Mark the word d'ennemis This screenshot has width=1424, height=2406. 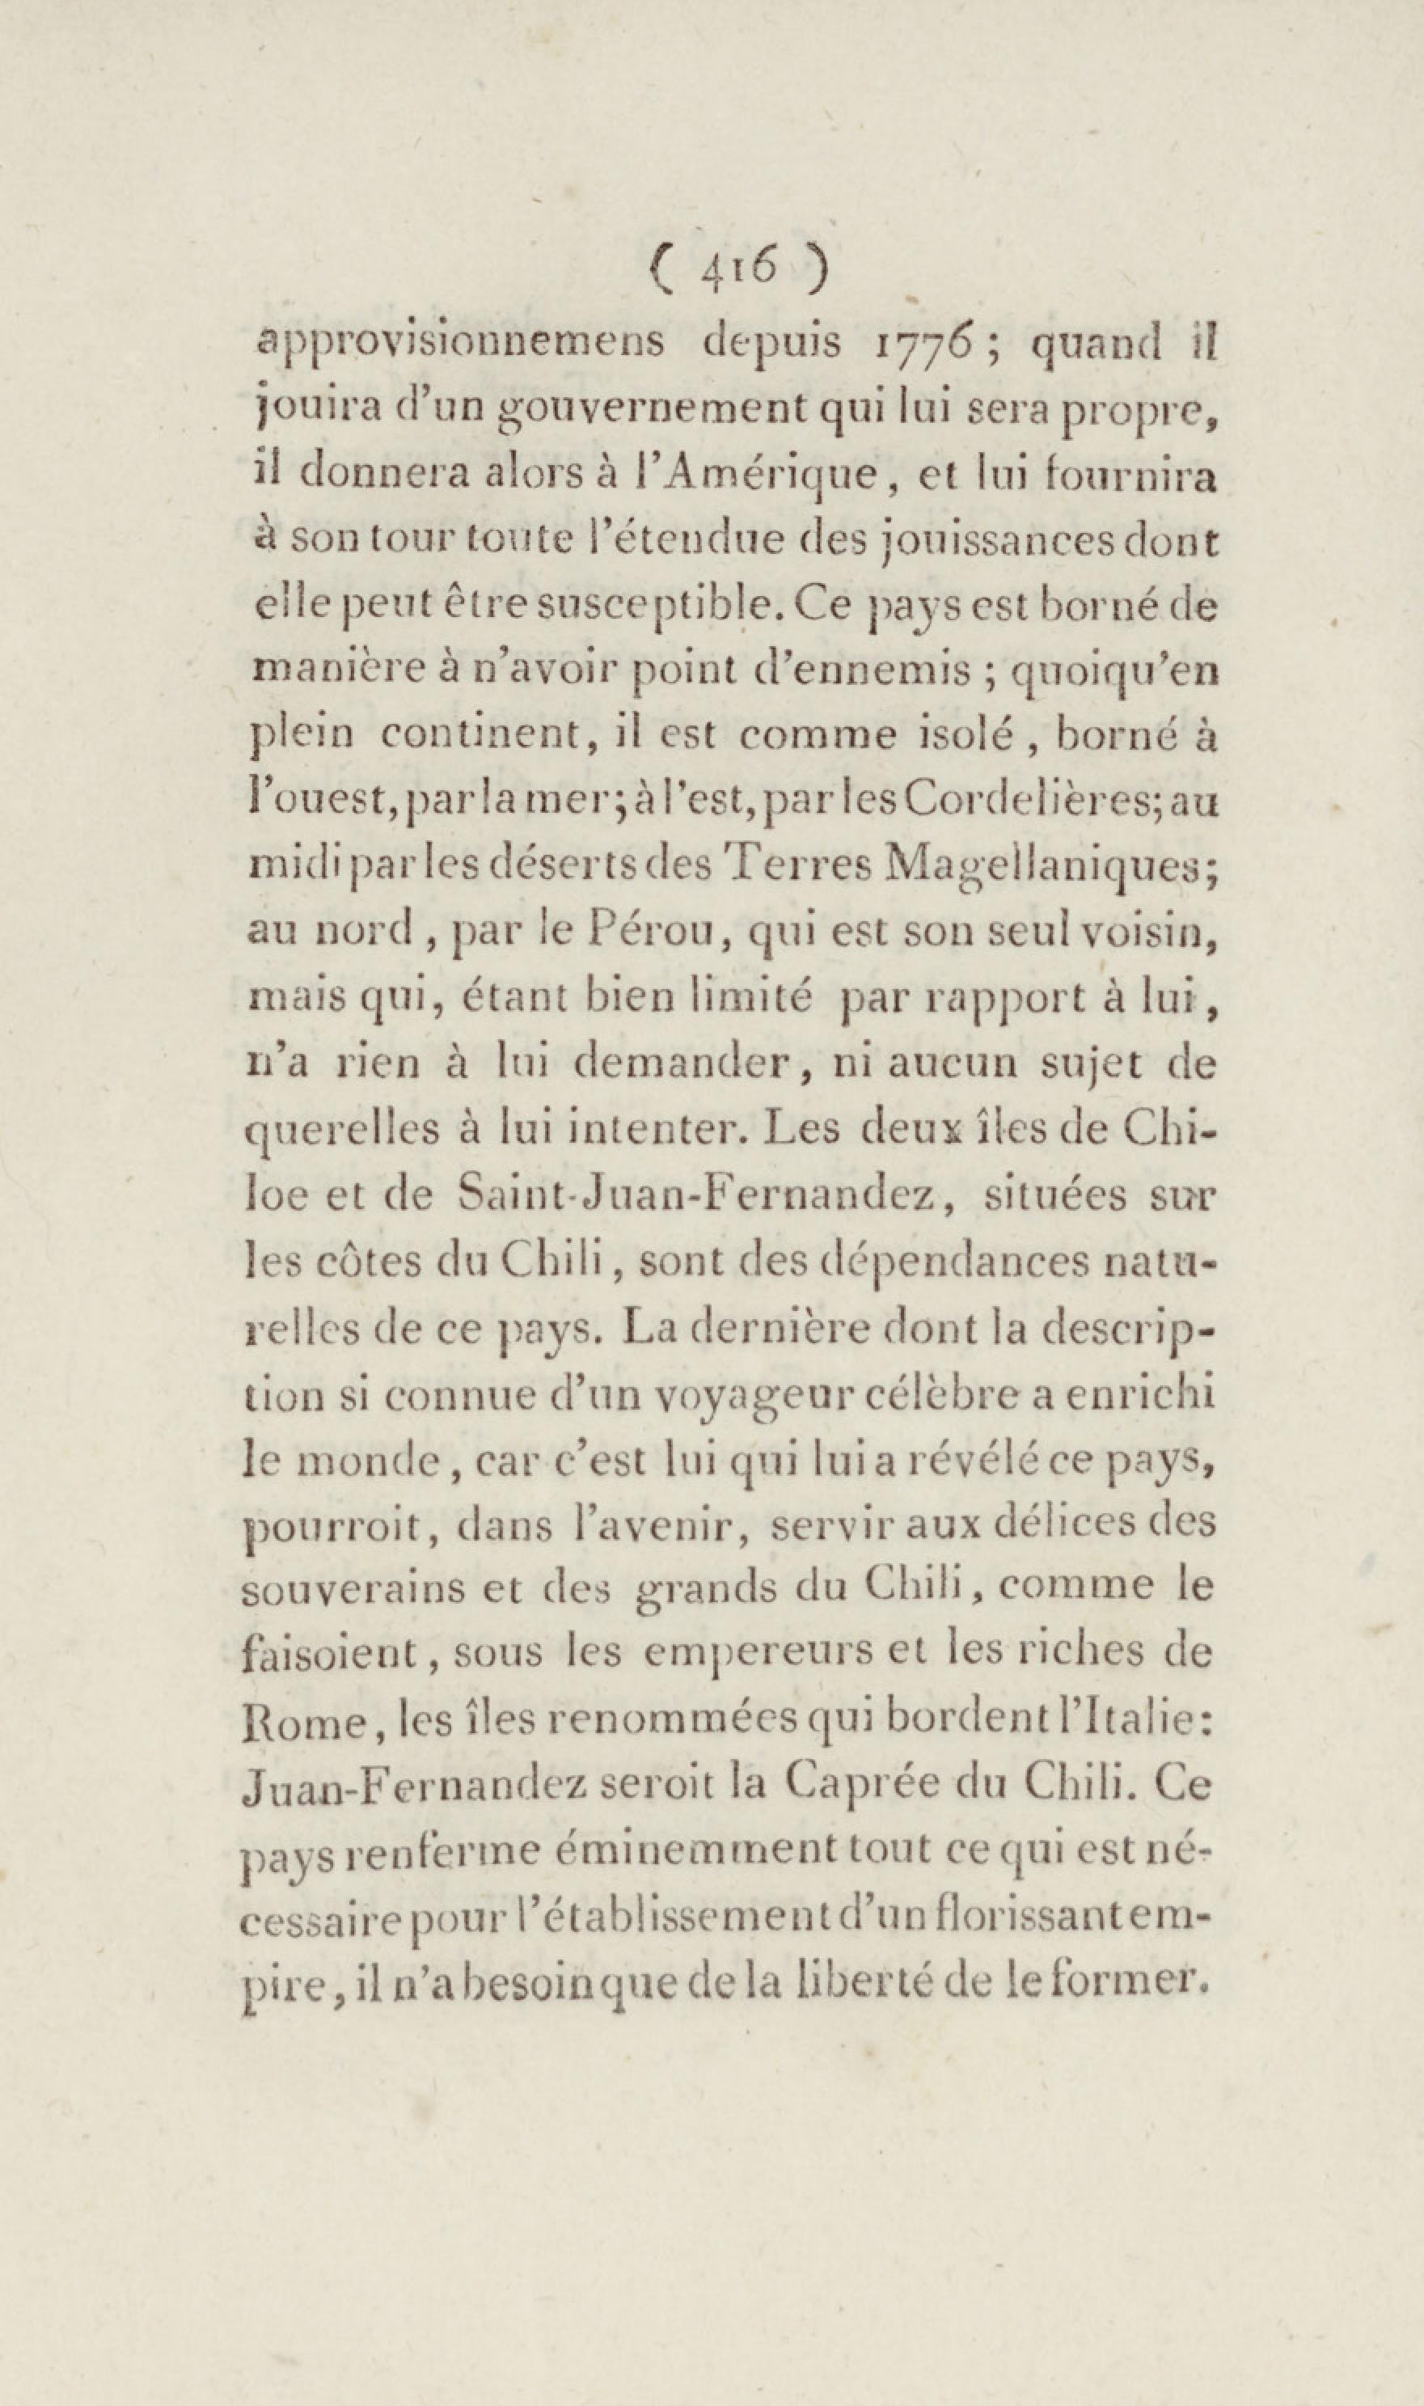834,672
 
